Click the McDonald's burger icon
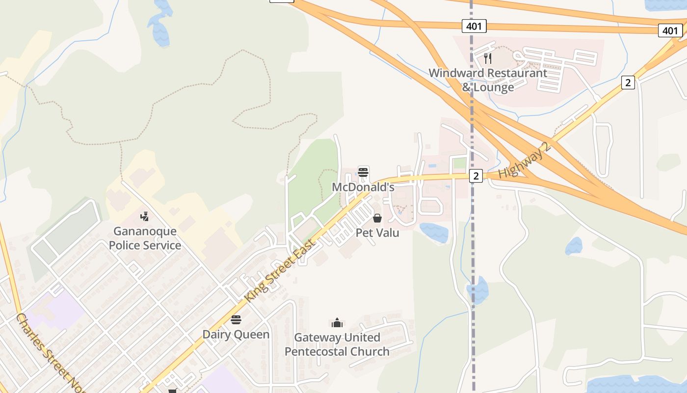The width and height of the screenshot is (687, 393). (363, 172)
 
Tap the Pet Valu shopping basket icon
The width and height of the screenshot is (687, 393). (377, 218)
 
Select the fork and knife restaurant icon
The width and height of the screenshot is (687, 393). (488, 58)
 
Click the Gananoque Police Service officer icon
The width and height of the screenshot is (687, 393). (144, 216)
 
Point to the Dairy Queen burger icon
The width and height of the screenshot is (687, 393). (236, 320)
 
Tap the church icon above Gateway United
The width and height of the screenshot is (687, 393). (337, 323)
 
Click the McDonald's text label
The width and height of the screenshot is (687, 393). (363, 187)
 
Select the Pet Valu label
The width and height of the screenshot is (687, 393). (377, 232)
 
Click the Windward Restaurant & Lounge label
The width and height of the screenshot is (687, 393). (488, 80)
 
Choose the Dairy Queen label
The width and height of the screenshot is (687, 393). (236, 335)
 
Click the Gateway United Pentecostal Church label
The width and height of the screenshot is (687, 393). (337, 344)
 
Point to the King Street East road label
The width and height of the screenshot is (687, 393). (280, 271)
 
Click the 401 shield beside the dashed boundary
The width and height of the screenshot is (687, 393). (474, 26)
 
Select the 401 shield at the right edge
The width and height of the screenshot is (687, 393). (670, 30)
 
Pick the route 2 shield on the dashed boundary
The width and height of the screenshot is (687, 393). (476, 175)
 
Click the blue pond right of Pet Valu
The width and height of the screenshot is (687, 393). (433, 232)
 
